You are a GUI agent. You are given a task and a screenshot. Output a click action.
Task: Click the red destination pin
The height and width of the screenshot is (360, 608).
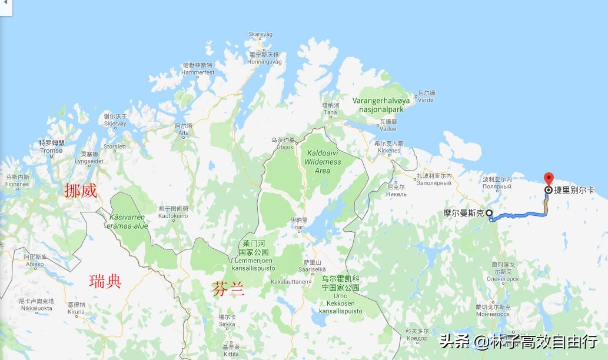click(549, 178)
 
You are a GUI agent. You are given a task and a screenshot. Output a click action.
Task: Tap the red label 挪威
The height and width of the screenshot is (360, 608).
click(81, 191)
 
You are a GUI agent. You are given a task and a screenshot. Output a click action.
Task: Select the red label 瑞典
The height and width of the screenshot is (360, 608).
click(105, 281)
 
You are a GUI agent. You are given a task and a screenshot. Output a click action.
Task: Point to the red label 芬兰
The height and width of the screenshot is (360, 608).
click(228, 289)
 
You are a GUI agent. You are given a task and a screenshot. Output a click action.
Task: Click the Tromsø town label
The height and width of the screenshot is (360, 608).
click(51, 147)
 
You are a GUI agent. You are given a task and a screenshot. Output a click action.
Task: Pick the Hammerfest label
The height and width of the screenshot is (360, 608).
click(198, 69)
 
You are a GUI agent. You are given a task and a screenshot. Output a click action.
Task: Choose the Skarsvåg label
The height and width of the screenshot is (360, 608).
click(261, 34)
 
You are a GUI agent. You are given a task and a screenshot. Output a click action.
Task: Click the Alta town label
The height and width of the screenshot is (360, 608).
click(184, 129)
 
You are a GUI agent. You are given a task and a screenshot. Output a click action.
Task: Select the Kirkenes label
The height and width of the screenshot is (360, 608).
click(389, 147)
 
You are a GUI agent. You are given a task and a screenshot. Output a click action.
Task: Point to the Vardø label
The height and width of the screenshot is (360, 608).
click(426, 97)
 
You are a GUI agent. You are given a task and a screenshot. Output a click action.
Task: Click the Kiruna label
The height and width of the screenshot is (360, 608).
click(76, 308)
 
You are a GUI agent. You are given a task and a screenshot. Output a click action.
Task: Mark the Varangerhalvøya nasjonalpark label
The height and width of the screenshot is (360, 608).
click(381, 105)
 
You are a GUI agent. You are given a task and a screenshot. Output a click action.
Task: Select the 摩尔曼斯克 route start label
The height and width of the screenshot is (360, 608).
click(463, 213)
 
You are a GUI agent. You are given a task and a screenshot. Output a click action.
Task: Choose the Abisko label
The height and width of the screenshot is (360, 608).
click(35, 261)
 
